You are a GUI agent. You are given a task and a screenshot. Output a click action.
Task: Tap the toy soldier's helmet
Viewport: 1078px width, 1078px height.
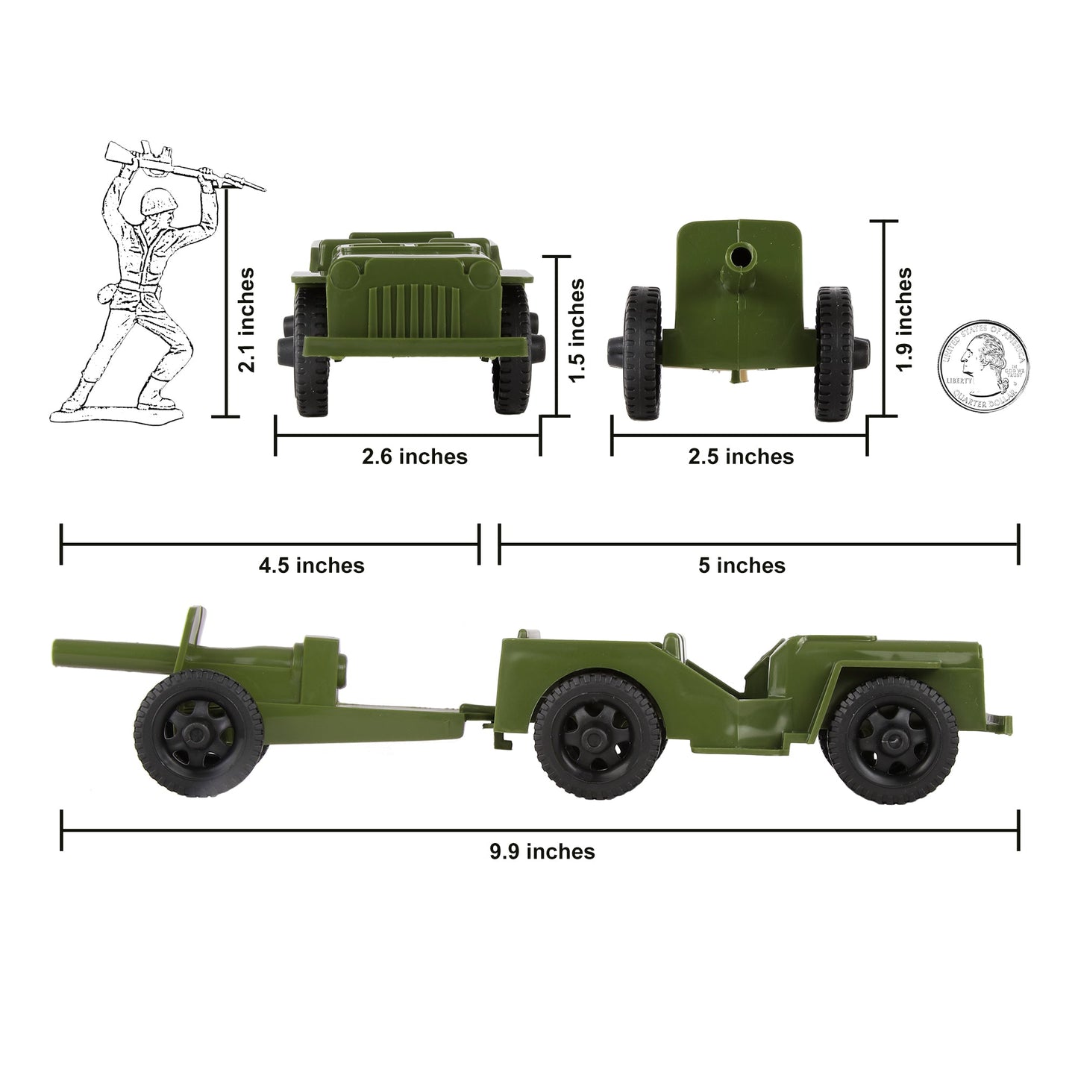(156, 200)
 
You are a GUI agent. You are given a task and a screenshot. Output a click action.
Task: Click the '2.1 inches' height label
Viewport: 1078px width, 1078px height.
(245, 319)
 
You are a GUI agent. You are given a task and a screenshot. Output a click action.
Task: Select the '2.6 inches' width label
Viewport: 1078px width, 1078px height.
(415, 457)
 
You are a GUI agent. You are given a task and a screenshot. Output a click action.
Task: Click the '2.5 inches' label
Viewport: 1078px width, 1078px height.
(741, 457)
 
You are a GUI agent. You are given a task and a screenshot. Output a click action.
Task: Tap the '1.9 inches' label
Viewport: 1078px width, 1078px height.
(903, 319)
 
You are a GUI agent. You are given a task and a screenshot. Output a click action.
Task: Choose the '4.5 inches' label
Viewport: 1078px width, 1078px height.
(311, 565)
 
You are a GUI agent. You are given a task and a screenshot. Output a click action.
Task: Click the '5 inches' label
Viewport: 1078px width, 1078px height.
(742, 565)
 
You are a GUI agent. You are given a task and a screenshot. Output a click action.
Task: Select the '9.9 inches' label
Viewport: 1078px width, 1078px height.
(542, 851)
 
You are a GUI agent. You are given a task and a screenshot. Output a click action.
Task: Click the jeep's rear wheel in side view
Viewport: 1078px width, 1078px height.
(598, 736)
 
